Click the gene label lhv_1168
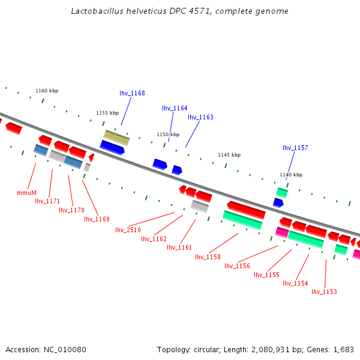click(x=132, y=93)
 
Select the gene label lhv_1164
click(x=175, y=108)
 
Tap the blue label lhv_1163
click(x=200, y=117)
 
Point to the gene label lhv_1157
click(x=295, y=148)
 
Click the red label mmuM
click(x=26, y=193)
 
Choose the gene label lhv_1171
click(x=47, y=201)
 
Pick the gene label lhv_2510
click(x=128, y=230)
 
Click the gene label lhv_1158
click(x=208, y=257)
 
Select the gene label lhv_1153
click(x=324, y=292)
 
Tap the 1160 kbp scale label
click(x=47, y=91)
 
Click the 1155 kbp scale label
click(x=107, y=113)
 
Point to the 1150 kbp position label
click(x=168, y=134)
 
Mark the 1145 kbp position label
click(x=229, y=155)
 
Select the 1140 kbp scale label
click(x=291, y=175)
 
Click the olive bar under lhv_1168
click(x=116, y=137)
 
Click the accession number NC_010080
click(x=65, y=349)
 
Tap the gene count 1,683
click(x=344, y=349)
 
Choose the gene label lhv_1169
click(x=97, y=219)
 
